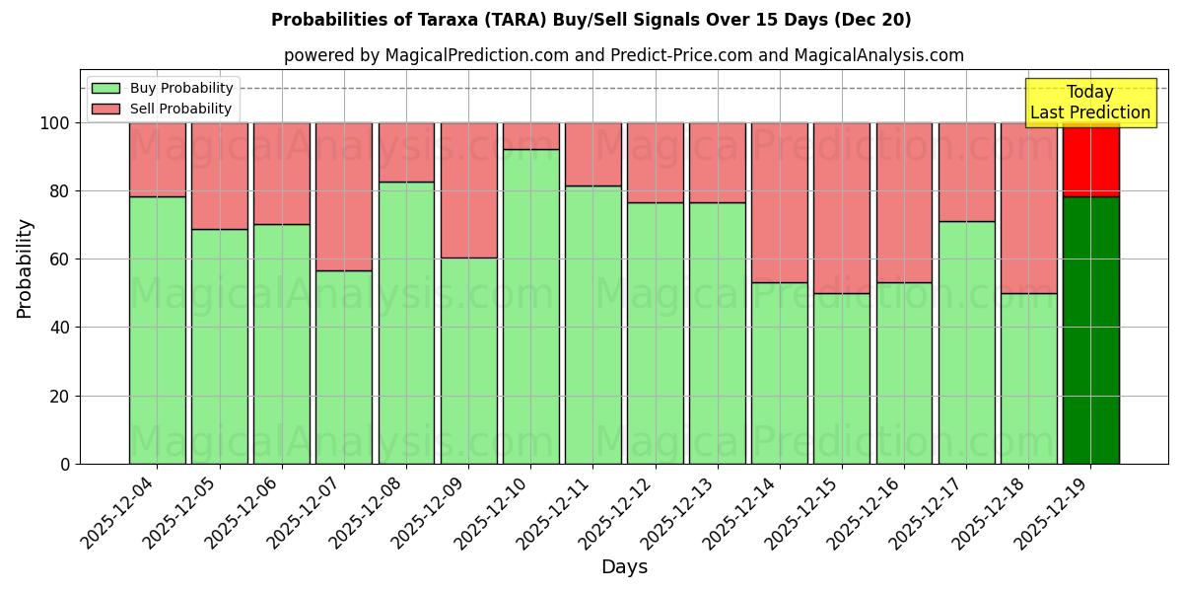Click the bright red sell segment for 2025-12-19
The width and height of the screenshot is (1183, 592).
pos(1090,160)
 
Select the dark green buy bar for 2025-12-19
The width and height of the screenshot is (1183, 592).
pos(1090,331)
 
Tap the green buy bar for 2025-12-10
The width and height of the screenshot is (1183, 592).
pos(530,306)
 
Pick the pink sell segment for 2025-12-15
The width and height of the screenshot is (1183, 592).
pos(842,207)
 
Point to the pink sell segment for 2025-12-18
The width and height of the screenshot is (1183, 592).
pos(1028,207)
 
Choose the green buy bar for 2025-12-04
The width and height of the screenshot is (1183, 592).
pos(157,331)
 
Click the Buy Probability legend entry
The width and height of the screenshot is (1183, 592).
pos(163,88)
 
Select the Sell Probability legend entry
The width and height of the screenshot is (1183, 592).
pos(163,109)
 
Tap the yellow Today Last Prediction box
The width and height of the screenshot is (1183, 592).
pos(1090,103)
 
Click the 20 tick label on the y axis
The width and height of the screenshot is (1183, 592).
pos(60,397)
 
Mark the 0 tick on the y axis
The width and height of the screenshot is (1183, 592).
pos(65,465)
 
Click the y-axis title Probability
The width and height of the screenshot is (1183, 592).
pos(25,267)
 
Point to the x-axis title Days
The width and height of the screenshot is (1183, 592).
pos(624,567)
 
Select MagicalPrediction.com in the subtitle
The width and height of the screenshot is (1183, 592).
pos(476,55)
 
